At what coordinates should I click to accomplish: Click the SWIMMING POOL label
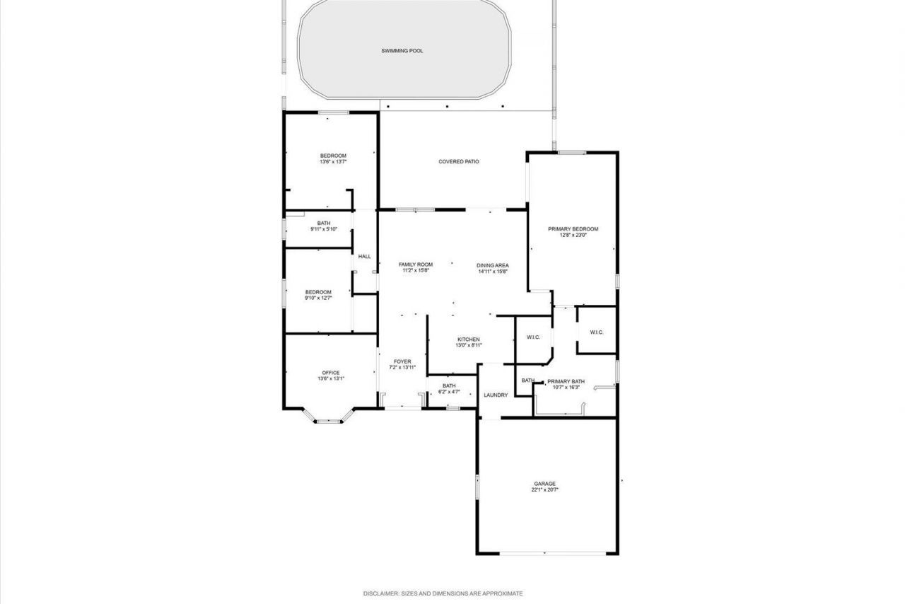402,51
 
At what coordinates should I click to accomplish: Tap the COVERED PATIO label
459,162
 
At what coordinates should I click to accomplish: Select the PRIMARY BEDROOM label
573,229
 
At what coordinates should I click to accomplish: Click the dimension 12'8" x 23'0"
573,235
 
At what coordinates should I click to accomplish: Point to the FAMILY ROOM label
416,265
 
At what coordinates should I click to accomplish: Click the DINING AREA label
493,265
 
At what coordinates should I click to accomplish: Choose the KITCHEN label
468,339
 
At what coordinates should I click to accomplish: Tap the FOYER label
402,361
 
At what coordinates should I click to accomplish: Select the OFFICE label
331,373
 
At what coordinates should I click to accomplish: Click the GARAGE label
544,484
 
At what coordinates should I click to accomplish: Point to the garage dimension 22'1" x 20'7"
545,489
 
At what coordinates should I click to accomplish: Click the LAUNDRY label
496,395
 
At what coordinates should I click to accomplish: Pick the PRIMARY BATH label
566,381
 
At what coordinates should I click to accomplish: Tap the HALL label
365,256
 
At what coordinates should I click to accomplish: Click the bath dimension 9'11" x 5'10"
324,229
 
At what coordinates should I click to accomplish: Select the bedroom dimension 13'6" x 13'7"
333,162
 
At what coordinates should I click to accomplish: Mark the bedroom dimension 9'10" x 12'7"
318,298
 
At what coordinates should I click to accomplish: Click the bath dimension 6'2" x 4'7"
449,391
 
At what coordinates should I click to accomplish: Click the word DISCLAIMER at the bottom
381,593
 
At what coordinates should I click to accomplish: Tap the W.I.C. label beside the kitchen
533,337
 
